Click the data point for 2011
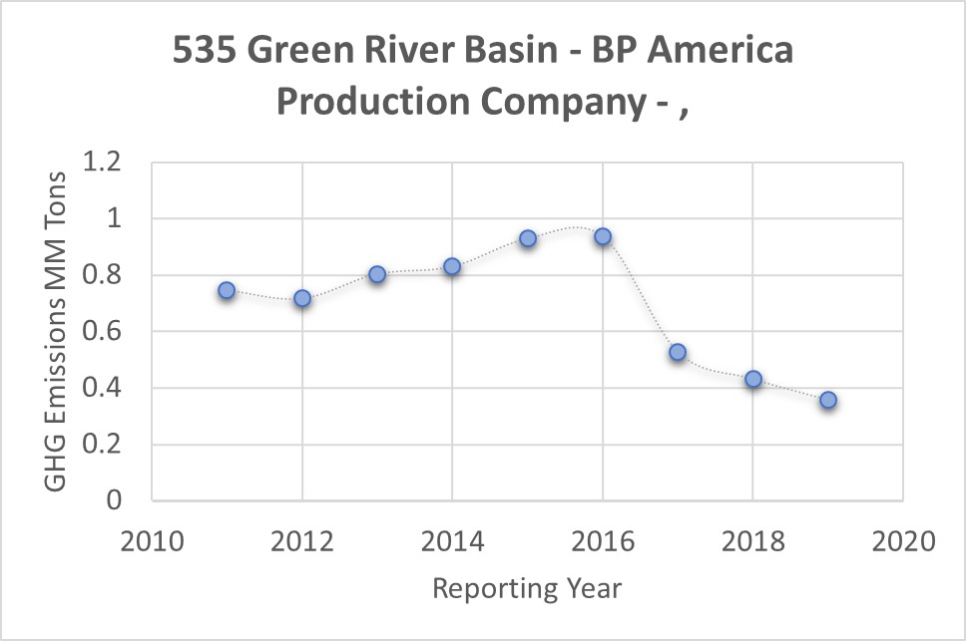(x=227, y=290)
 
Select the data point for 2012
(x=302, y=298)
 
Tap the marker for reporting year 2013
(x=377, y=274)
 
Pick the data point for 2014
(x=452, y=266)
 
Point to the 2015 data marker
(x=528, y=238)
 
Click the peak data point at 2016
(x=603, y=236)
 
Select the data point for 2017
(x=678, y=352)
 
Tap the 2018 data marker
(x=753, y=379)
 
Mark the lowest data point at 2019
(x=828, y=400)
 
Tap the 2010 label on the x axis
(x=151, y=542)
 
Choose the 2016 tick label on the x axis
(x=603, y=542)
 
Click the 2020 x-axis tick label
(x=903, y=542)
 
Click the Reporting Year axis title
(x=527, y=588)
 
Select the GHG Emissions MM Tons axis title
(x=57, y=331)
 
